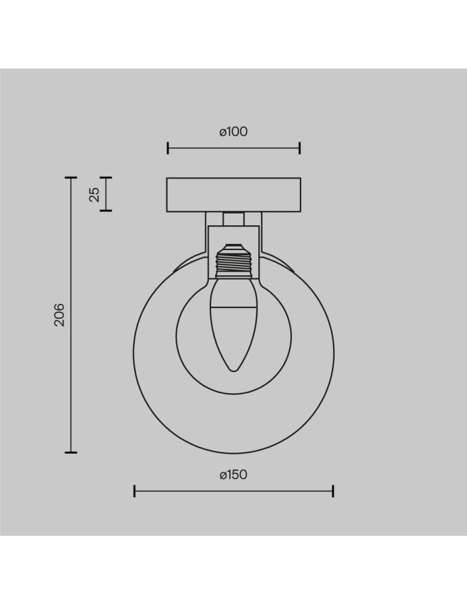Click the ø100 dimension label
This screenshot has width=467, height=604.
[x=233, y=132]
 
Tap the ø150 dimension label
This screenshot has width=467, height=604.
[x=233, y=475]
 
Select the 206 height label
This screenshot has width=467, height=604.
[x=59, y=315]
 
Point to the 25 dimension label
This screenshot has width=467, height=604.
[x=94, y=194]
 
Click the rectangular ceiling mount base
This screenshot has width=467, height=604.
[x=233, y=194]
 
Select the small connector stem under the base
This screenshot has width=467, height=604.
[x=233, y=218]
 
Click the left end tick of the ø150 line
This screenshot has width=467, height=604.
[x=134, y=490]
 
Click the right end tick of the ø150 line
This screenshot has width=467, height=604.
[x=333, y=490]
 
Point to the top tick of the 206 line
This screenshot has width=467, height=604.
[x=71, y=178]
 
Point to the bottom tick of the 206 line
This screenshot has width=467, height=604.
[x=71, y=452]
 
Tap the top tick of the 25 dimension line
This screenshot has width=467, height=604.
[x=106, y=178]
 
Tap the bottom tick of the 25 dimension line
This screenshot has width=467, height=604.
[x=106, y=210]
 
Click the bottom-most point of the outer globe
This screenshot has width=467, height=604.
[x=233, y=453]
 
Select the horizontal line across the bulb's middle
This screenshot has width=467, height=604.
[x=233, y=307]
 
